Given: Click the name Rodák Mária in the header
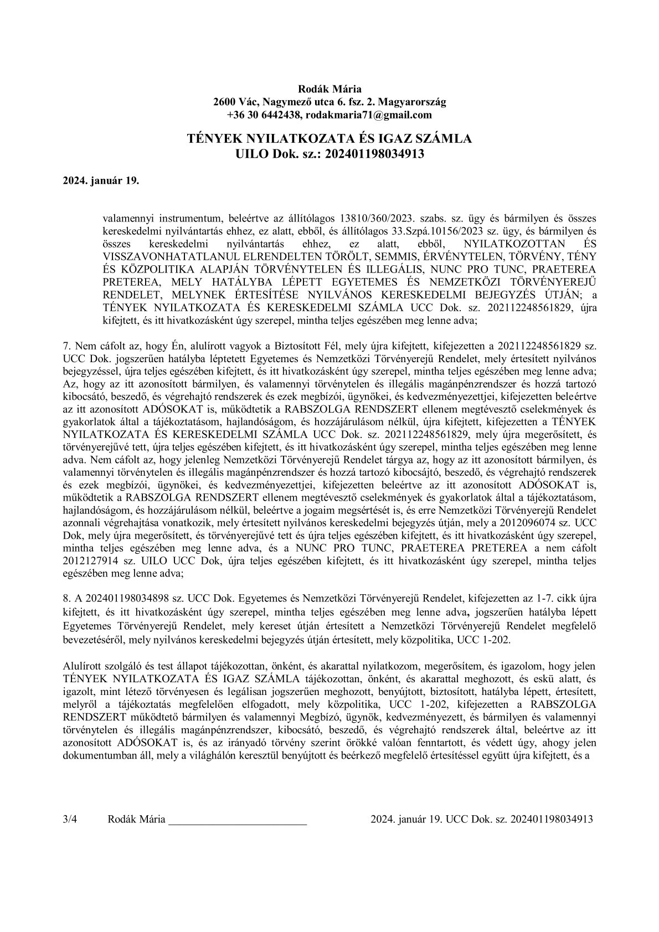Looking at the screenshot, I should click(330, 89).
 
